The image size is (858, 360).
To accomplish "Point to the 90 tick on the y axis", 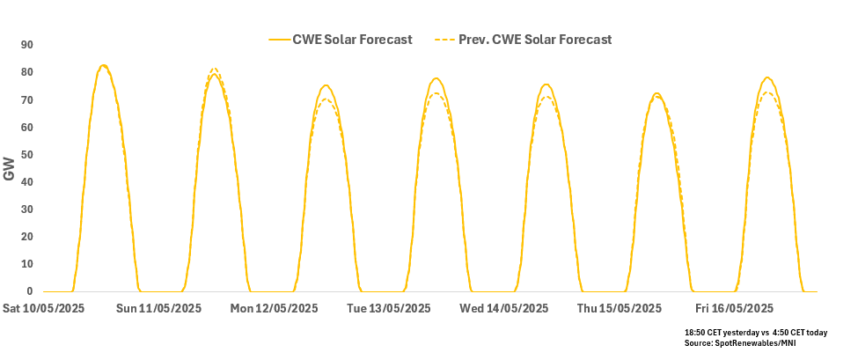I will point(27,45).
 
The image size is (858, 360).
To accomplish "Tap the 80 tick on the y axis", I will point(27,72).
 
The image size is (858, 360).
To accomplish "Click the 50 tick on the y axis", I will point(27,155).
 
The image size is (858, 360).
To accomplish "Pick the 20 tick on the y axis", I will point(27,237).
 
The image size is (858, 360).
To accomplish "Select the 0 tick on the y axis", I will point(30,291).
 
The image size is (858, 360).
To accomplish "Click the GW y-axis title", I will point(10,169).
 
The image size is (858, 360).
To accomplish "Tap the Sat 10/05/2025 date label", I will point(44,308).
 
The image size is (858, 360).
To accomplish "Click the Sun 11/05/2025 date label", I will point(159,308).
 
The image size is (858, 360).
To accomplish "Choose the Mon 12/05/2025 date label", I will point(275,308).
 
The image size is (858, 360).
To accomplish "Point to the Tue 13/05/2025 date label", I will point(389,308).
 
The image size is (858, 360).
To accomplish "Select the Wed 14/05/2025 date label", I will point(504,308).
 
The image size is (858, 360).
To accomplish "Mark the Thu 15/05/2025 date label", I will point(619,308).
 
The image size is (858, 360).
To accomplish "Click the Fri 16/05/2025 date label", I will point(734,308).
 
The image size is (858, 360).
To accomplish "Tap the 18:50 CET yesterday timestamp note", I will point(755,331).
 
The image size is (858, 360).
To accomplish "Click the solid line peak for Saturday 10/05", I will point(103,65).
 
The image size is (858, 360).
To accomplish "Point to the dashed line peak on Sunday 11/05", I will point(214,69).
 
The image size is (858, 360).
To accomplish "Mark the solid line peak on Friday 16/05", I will point(767,77).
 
